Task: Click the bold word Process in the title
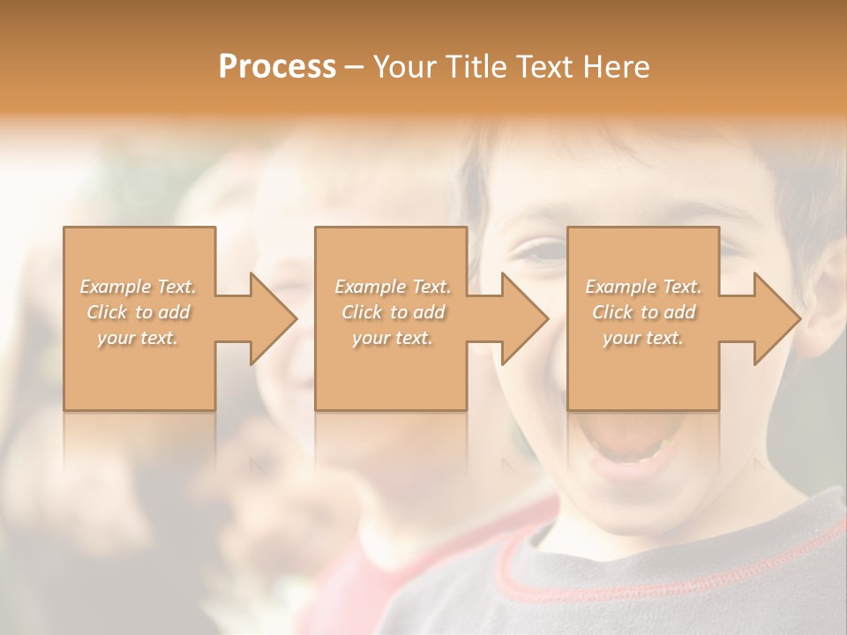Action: (x=277, y=67)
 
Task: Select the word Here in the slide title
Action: (x=617, y=67)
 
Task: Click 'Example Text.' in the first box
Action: (x=139, y=287)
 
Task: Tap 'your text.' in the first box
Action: (x=139, y=338)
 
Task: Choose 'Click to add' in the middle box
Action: (x=393, y=312)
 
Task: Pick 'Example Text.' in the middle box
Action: (x=393, y=287)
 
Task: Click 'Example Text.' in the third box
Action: (x=643, y=287)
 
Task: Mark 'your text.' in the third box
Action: (x=643, y=338)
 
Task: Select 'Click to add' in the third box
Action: (x=643, y=312)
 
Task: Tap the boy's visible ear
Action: (x=825, y=300)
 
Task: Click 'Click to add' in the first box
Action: (x=139, y=312)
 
